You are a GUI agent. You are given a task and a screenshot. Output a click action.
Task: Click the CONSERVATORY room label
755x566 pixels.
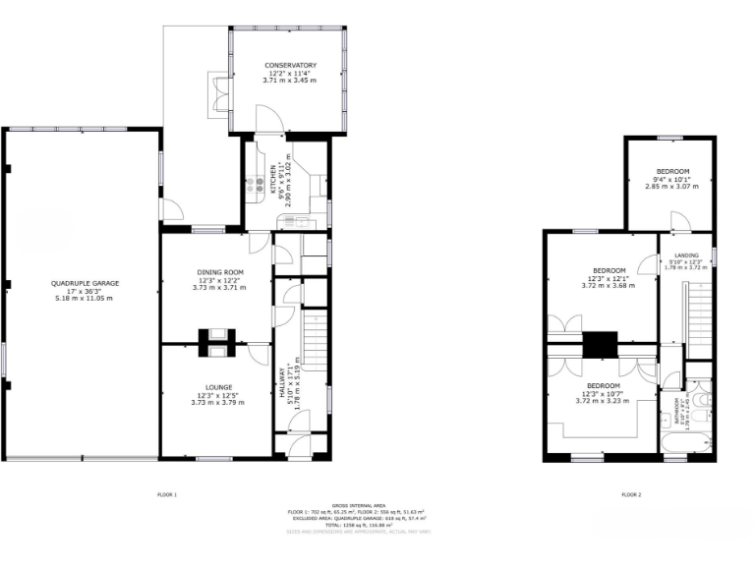pos(290,66)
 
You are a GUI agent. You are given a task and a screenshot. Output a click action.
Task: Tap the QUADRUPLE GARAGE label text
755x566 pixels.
pos(85,283)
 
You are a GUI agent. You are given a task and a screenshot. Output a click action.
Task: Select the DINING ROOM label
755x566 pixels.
pos(219,272)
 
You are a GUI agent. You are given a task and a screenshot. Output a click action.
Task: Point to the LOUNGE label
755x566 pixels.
pos(214,387)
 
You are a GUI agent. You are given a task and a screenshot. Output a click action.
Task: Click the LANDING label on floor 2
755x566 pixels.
pos(686,255)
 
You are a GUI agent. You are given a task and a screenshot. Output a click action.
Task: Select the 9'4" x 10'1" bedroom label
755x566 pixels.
pos(672,172)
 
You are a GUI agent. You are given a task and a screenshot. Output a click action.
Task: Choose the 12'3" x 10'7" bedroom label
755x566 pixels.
pos(604,385)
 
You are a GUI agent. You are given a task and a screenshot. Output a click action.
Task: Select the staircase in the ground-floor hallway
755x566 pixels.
pos(315,339)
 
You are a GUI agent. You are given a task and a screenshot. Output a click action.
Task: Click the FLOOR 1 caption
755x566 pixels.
pos(167,494)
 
